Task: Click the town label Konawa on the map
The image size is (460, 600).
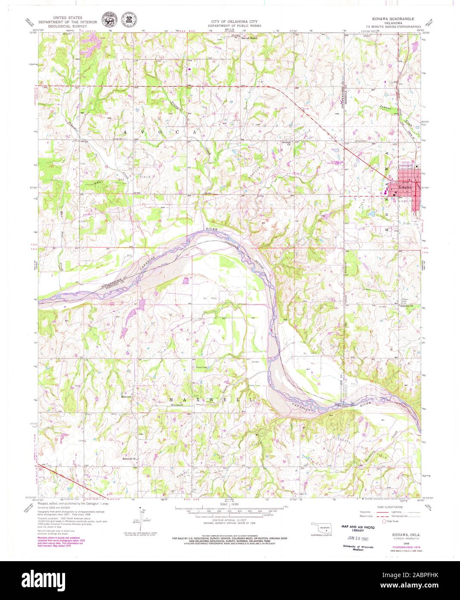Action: point(405,188)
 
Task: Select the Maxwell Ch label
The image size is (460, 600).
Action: point(129,458)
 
